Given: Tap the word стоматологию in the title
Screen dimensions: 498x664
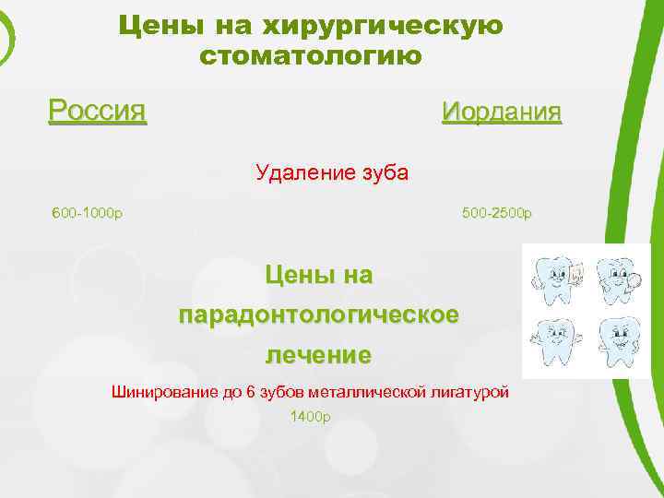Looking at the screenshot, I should coord(311,55).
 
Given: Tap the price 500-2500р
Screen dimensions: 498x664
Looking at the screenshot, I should coord(497,214).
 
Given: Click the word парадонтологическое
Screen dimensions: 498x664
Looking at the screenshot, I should coord(318,314).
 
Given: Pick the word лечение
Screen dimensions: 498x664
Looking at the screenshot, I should coord(318,354).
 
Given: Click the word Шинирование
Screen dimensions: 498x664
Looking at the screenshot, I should coord(163,392).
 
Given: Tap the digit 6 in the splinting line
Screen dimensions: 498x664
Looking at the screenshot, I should coord(250,392).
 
